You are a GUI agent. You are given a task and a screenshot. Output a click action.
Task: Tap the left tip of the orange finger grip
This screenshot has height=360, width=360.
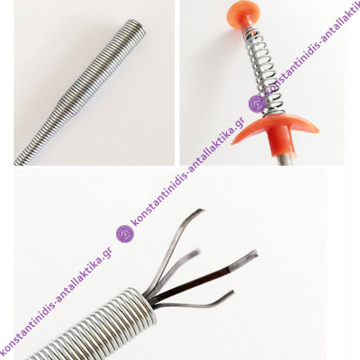click(x=232, y=143)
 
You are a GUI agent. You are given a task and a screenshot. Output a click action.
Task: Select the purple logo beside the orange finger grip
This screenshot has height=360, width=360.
click(x=257, y=103)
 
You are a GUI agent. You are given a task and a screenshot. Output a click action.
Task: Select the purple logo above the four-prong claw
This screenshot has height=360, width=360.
click(x=125, y=234)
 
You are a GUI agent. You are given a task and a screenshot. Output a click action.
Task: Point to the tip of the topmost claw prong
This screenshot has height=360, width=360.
click(x=203, y=211)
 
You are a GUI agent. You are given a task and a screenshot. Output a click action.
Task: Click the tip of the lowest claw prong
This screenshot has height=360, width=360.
click(x=232, y=292)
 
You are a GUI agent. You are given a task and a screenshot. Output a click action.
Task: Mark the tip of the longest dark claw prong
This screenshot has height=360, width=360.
click(x=256, y=252)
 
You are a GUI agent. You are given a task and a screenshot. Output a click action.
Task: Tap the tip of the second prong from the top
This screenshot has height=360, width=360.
click(x=197, y=250)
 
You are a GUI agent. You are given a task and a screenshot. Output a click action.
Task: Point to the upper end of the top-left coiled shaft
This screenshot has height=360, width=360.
click(x=138, y=25)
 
